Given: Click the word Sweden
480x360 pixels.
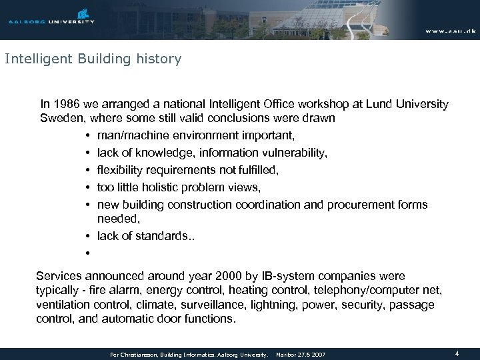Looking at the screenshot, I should pyautogui.click(x=60, y=119).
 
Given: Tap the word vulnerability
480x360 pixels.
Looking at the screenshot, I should pyautogui.click(x=293, y=153).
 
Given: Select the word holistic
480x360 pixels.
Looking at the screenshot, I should pyautogui.click(x=175, y=188).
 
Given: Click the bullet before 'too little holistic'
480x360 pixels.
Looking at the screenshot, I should pyautogui.click(x=87, y=188).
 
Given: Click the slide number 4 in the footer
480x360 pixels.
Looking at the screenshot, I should pyautogui.click(x=457, y=353).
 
